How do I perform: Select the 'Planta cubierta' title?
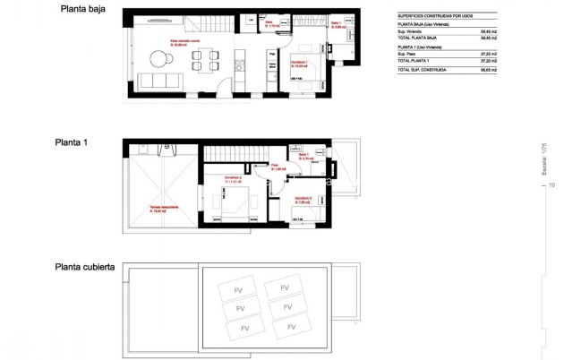coord(83,267)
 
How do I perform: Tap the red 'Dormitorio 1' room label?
coord(300,64)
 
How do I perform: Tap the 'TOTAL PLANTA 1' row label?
coord(414,61)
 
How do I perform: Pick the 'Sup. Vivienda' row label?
coord(412,32)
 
